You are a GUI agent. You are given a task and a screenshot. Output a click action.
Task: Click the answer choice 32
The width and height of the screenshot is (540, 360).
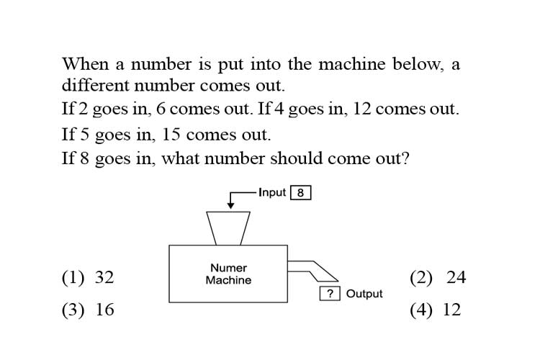coord(88,277)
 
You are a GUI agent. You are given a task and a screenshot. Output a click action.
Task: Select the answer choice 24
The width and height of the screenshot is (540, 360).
coord(438,277)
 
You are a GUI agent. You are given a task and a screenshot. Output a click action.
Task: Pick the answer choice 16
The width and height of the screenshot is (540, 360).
coord(88,310)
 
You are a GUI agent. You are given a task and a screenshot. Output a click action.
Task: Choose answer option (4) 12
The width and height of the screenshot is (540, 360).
coord(436,310)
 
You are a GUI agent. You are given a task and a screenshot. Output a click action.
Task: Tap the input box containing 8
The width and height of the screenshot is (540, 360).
coord(301,192)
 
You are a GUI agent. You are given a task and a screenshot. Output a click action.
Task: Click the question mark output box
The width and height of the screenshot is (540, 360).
coord(330,294)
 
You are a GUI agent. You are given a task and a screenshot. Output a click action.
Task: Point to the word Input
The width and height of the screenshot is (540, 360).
coord(272,192)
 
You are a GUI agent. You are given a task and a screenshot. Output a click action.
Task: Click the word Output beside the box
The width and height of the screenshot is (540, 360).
coord(364,294)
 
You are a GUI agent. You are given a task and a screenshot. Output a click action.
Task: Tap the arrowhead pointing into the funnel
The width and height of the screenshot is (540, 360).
coord(230,206)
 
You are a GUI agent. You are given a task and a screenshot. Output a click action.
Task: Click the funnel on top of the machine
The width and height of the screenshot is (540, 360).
coord(228,228)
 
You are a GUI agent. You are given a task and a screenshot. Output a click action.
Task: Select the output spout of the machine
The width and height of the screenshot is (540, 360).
coord(312,271)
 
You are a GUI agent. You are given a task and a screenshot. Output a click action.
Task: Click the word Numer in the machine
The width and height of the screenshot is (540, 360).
coord(228,268)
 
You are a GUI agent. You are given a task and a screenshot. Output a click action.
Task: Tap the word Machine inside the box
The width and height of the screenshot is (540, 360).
coord(228,280)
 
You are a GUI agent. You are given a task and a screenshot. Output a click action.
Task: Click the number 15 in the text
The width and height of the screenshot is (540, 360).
coord(171,135)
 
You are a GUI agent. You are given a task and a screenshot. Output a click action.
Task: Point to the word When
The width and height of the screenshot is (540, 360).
coord(85,64)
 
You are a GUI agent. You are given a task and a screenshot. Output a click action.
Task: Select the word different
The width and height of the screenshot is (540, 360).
coord(95,85)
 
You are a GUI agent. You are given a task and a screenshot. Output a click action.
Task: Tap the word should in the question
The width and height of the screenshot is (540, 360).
coord(296,158)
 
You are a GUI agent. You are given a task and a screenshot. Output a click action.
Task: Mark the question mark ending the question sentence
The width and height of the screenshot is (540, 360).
coord(405,158)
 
